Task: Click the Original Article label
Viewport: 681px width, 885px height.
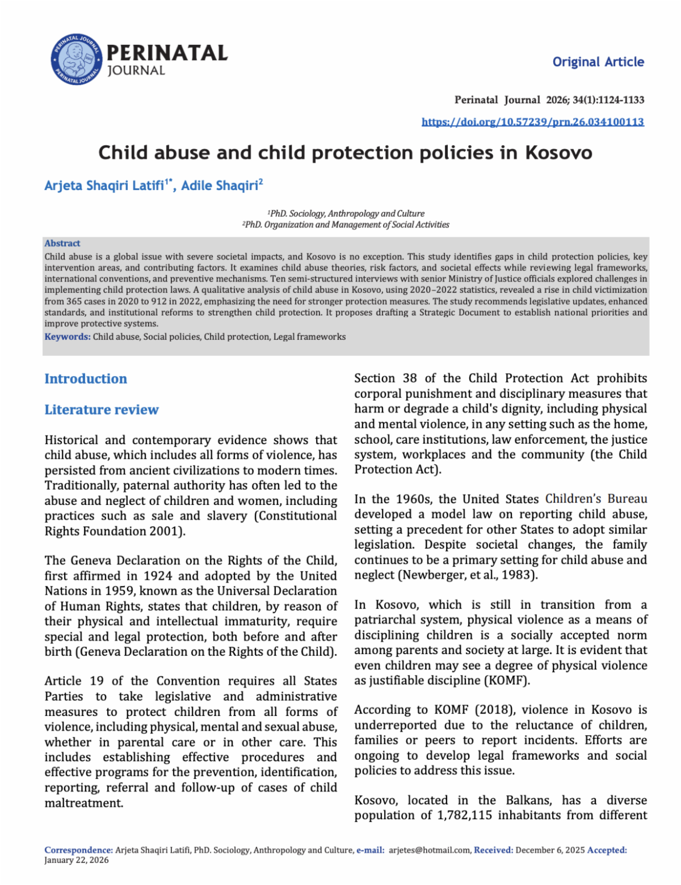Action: coord(598,62)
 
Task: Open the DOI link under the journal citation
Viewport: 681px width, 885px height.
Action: coord(532,122)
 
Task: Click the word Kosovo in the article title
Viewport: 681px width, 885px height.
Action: coord(558,153)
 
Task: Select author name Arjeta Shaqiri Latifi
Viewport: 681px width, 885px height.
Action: coord(104,186)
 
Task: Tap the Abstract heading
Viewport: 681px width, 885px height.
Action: coord(62,243)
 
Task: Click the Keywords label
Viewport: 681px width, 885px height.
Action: coord(67,337)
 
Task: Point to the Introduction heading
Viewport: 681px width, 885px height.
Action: coord(86,379)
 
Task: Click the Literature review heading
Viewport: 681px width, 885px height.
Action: coord(102,410)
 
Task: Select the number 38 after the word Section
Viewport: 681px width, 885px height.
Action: coord(409,378)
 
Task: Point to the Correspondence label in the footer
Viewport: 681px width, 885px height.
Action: coord(78,850)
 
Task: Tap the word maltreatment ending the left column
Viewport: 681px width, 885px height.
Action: coord(83,803)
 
